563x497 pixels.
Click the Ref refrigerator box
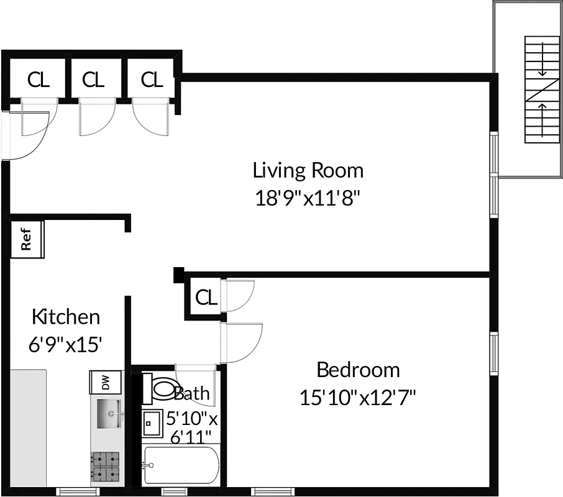[x=27, y=239]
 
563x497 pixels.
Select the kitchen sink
[x=109, y=413]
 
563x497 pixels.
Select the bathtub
[x=180, y=465]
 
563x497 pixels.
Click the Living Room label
[x=308, y=170]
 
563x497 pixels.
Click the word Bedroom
[x=358, y=370]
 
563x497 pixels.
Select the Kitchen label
[x=65, y=317]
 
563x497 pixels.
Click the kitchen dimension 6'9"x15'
[x=65, y=345]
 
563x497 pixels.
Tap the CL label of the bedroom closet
[x=206, y=298]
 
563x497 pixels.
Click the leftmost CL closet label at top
[x=38, y=80]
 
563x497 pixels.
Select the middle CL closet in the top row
[x=93, y=80]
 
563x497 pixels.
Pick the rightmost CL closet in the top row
[x=151, y=80]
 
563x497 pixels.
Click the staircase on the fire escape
[x=542, y=88]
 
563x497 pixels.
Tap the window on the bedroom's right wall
[x=494, y=354]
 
